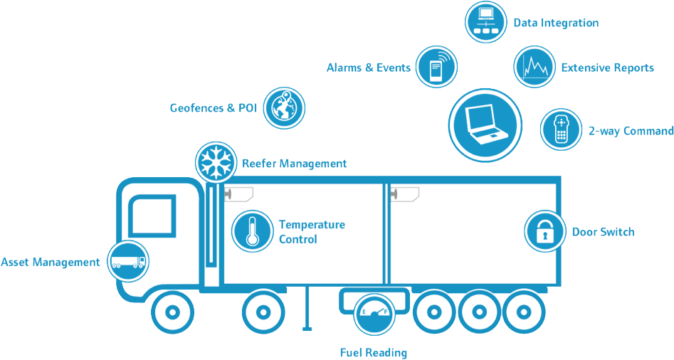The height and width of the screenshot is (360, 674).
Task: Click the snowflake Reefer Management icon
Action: point(216,162)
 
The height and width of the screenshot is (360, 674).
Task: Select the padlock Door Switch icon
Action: point(545,231)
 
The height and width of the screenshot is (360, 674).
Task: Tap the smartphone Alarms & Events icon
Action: point(436,68)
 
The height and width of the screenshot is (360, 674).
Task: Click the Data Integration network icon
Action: point(486,22)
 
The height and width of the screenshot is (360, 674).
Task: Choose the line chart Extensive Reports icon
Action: point(535,68)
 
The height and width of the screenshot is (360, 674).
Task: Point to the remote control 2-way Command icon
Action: point(562,130)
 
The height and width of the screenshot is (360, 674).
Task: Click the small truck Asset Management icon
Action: point(129,261)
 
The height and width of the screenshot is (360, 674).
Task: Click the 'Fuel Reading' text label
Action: point(374,352)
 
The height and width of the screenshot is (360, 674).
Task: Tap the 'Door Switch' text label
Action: point(603,232)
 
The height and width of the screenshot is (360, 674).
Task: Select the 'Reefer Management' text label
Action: point(295,164)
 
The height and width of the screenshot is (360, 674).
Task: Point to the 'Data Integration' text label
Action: point(556,23)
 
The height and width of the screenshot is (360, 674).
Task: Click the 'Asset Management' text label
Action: point(51,263)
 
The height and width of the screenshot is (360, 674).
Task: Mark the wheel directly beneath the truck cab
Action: point(172,311)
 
